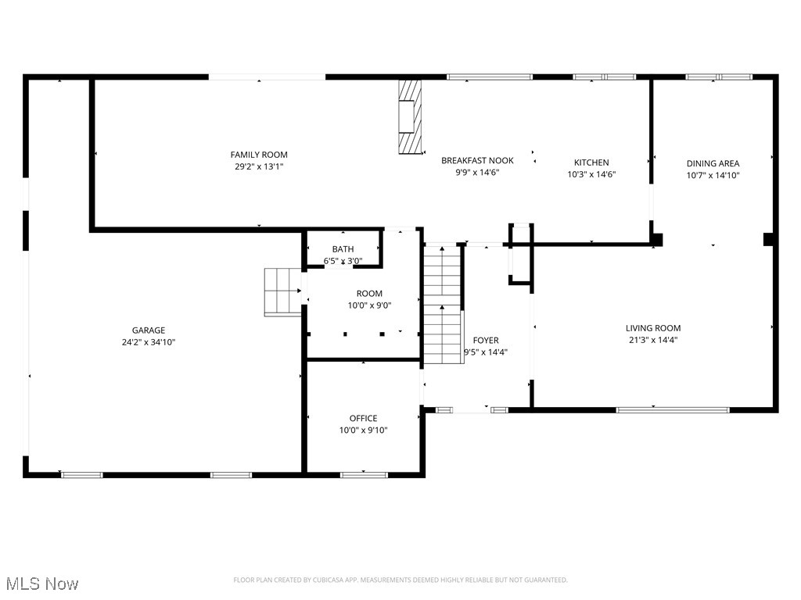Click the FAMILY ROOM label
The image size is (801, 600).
259,155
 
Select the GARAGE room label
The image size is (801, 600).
148,330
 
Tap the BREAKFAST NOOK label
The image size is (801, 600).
477,161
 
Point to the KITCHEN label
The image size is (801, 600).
591,162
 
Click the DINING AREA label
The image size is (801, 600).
713,163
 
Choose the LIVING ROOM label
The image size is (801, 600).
653,328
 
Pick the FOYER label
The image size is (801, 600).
486,341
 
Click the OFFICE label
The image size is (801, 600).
363,419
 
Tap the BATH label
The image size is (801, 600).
343,249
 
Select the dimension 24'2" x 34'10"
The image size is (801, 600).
148,342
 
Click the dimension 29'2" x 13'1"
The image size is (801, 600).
259,166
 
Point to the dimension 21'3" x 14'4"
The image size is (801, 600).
653,340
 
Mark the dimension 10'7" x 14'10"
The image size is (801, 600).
713,175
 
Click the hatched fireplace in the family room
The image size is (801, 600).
409,117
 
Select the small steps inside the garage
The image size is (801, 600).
283,291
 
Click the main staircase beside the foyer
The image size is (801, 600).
443,305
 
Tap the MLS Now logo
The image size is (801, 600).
42,584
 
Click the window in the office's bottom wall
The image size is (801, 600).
364,474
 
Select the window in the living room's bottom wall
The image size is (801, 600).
673,409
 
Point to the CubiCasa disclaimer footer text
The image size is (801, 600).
400,580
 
